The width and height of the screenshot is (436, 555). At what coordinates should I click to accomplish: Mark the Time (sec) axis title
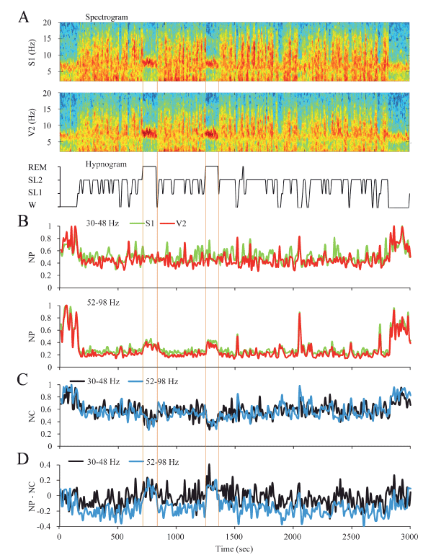[x=234, y=549]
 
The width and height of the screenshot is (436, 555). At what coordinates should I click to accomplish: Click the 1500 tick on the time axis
[x=233, y=537]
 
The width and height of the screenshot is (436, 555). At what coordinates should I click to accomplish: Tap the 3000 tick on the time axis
[x=409, y=537]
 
